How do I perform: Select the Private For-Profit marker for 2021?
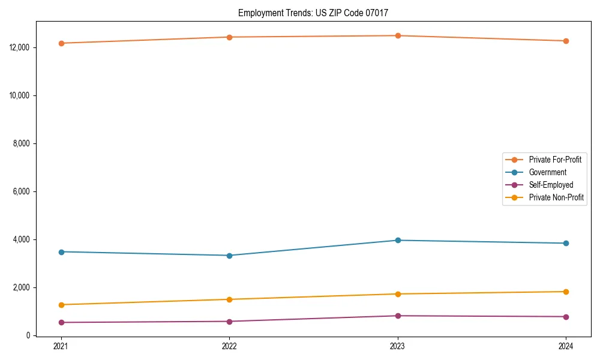coord(61,43)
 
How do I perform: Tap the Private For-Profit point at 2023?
coord(398,35)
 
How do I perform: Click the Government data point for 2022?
coord(229,256)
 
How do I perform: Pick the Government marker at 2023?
coord(398,241)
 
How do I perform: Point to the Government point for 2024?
coord(566,243)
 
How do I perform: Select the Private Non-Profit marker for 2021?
coord(61,305)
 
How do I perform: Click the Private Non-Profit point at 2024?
coord(566,292)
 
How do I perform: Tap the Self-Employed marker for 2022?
coord(229,322)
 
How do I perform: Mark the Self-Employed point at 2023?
coord(398,316)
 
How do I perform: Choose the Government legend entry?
coord(547,172)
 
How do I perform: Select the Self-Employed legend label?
coord(551,185)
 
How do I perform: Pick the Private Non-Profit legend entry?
coord(556,197)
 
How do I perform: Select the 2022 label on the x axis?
coord(229,346)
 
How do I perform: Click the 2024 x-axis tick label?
coord(566,346)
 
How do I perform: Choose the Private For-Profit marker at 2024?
coord(566,41)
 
